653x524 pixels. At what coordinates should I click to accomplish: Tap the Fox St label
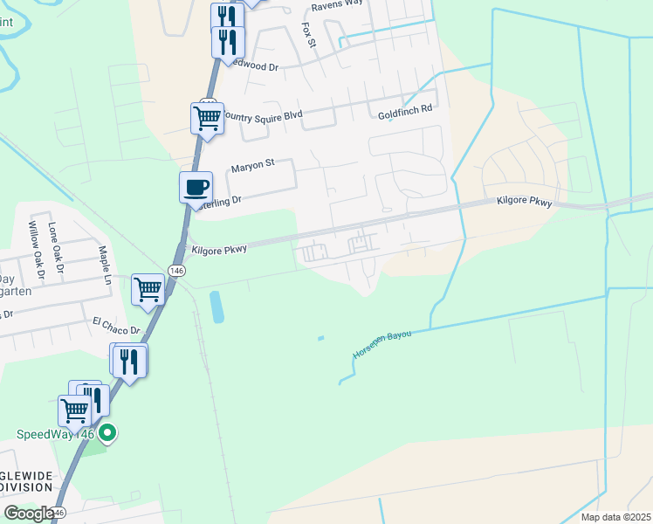307,36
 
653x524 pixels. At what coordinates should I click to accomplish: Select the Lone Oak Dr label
56,245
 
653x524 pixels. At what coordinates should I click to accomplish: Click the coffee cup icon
196,185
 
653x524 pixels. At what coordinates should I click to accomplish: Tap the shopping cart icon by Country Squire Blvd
207,116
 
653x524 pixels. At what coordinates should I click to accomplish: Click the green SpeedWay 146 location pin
107,432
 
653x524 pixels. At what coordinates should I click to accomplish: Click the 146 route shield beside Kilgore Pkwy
177,272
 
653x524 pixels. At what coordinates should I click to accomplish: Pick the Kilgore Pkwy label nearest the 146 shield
219,249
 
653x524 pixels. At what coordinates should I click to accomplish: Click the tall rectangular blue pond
216,307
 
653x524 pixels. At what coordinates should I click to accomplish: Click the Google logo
28,514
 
